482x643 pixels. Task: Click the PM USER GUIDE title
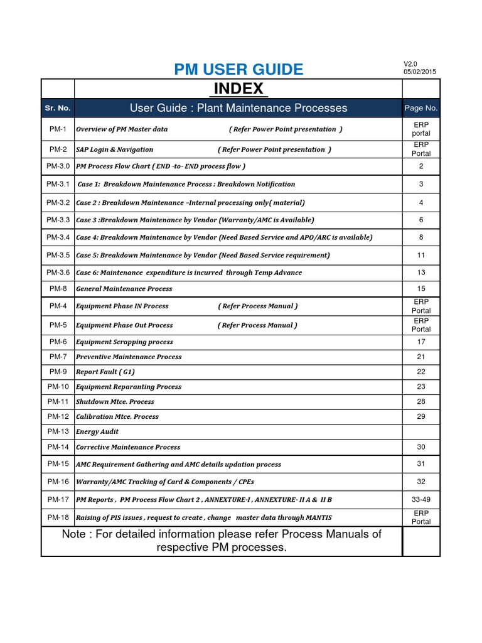point(238,69)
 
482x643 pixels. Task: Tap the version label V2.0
point(410,64)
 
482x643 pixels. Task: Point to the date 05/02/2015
point(420,72)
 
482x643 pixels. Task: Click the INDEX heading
point(238,88)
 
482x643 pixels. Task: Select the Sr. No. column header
point(58,108)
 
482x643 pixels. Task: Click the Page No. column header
point(421,108)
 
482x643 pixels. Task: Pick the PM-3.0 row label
point(58,166)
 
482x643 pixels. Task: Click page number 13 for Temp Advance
point(421,273)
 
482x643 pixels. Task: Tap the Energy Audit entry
point(97,432)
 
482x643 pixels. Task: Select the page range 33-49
point(421,500)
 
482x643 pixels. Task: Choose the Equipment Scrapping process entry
point(124,342)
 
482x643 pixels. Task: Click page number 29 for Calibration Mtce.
point(421,417)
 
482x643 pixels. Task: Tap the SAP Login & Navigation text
point(114,149)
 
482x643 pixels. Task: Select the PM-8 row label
point(58,288)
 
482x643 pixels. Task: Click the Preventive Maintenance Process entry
point(129,357)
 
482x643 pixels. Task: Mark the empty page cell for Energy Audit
point(421,432)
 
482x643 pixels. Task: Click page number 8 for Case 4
point(421,237)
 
